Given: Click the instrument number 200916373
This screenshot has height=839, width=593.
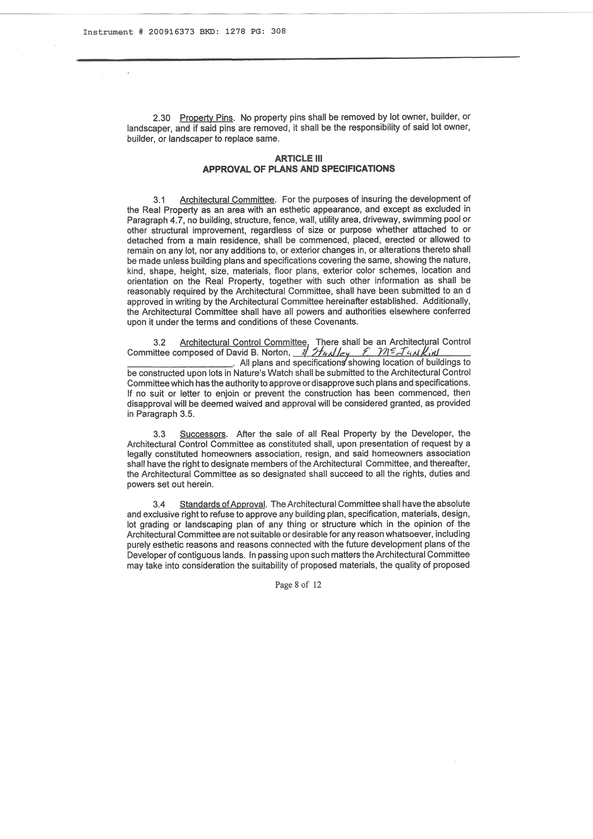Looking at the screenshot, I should pyautogui.click(x=171, y=32).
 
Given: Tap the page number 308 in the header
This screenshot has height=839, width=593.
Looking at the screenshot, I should pyautogui.click(x=278, y=32).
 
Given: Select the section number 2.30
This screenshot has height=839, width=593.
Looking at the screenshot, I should pyautogui.click(x=162, y=118).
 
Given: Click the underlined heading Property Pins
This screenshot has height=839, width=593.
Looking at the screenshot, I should pyautogui.click(x=206, y=118).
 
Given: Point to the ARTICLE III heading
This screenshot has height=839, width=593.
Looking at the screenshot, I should pyautogui.click(x=298, y=158).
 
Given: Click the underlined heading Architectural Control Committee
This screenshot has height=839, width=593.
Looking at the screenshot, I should pyautogui.click(x=244, y=342).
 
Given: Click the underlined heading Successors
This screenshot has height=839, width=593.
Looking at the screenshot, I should pyautogui.click(x=203, y=434).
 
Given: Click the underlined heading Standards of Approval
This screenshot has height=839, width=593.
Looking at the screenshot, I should pyautogui.click(x=222, y=505).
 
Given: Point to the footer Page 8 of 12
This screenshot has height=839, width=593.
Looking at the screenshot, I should pyautogui.click(x=298, y=585).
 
